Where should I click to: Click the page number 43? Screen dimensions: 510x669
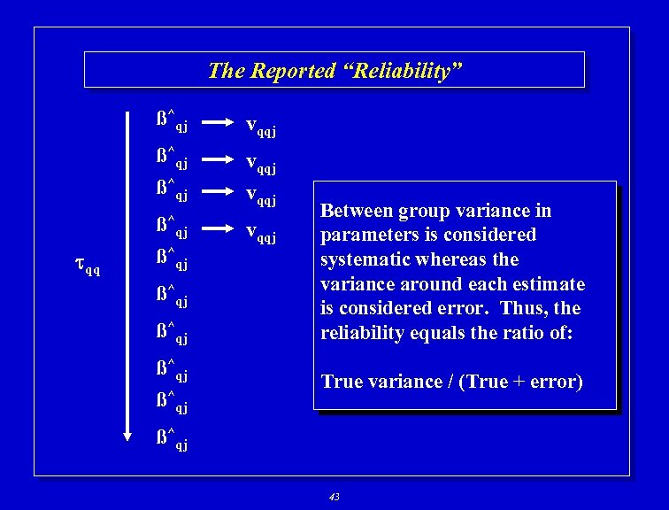[x=334, y=497]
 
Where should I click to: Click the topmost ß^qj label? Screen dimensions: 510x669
[x=172, y=121]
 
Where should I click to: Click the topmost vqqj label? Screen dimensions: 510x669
[x=260, y=127]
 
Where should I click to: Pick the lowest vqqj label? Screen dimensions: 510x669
[x=260, y=235]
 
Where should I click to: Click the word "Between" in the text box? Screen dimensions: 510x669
[x=356, y=211]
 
